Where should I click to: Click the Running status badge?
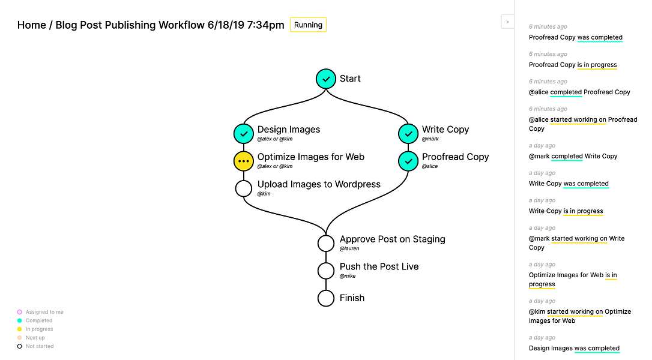(x=308, y=25)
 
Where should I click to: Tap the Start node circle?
(x=326, y=79)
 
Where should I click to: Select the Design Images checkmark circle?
(x=244, y=134)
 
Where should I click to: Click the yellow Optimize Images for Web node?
(x=244, y=161)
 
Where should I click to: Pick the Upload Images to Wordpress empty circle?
(x=244, y=188)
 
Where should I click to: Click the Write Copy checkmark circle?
(x=408, y=134)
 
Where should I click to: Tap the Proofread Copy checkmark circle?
(x=408, y=161)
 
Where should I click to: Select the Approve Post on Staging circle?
(x=326, y=243)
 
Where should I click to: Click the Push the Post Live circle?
(x=326, y=271)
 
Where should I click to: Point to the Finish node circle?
(x=326, y=298)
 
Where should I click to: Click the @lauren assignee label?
(x=349, y=248)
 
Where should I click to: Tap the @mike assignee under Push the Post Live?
(x=348, y=276)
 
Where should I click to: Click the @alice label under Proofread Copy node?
(x=430, y=166)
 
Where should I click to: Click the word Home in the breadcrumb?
(x=32, y=25)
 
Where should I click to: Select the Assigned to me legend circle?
(x=20, y=312)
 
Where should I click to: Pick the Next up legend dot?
(x=20, y=338)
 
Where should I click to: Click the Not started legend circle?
(x=20, y=346)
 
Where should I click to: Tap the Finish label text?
(x=352, y=298)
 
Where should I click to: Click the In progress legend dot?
(x=20, y=329)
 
